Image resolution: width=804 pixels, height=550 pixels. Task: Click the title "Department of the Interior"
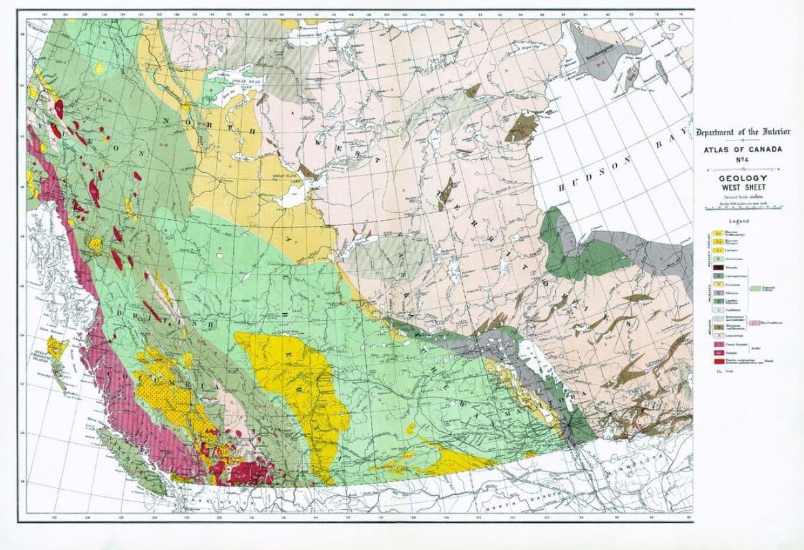[742, 132]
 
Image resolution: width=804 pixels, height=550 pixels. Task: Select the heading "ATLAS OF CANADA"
[742, 149]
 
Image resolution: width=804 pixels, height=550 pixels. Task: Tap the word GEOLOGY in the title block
[743, 177]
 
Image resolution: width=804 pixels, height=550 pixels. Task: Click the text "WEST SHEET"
[743, 187]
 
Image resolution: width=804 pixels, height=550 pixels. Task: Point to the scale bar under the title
[743, 208]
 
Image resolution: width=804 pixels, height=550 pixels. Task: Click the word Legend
[739, 221]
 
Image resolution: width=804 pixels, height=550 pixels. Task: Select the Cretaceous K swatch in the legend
[718, 258]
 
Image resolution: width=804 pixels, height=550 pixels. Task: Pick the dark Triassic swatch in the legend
[718, 267]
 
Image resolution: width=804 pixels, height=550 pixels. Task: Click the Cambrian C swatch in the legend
[718, 310]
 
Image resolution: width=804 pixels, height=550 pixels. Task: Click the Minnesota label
[625, 469]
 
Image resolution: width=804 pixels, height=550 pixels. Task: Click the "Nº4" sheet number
[742, 159]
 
